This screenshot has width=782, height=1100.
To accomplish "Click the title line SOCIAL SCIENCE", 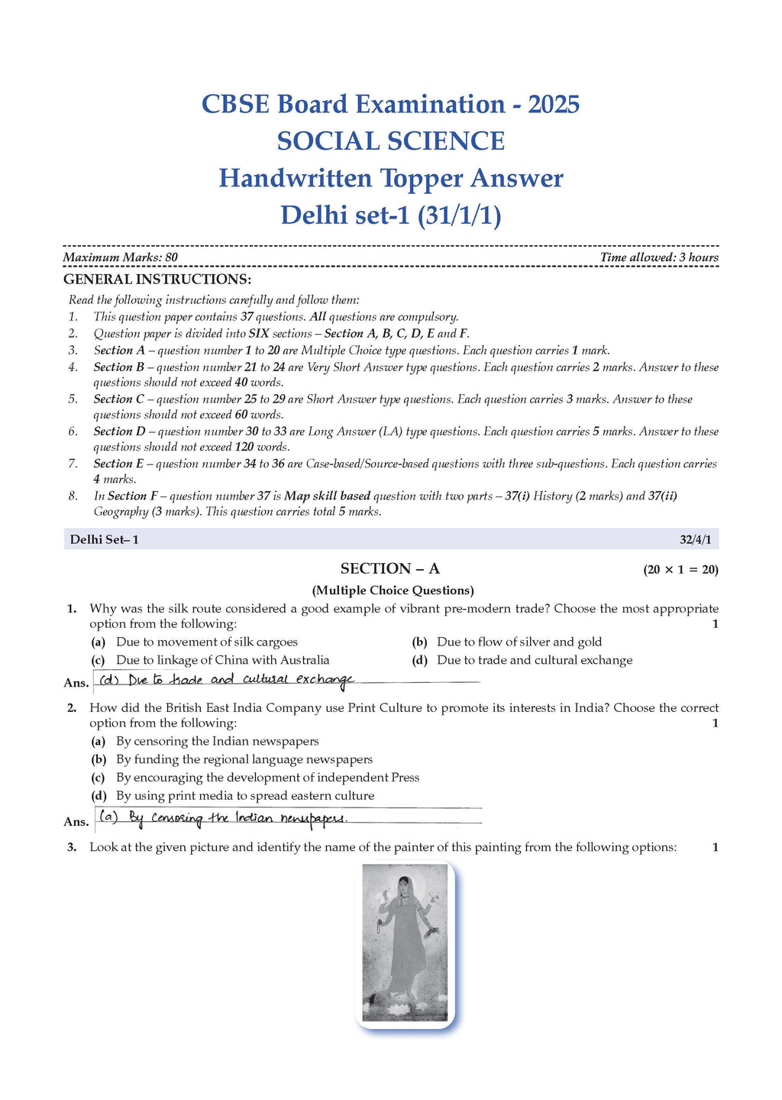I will [390, 141].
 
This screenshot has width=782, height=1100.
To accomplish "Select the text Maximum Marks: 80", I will [120, 257].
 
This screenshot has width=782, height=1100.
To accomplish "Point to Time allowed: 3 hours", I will [659, 257].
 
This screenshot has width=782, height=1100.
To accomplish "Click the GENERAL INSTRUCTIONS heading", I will [157, 280].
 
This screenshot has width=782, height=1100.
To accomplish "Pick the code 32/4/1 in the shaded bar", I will [695, 540].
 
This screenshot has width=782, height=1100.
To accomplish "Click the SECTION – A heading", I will [389, 569].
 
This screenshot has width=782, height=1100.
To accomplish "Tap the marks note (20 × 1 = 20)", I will [680, 570].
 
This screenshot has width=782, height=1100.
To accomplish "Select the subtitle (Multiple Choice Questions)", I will [393, 590].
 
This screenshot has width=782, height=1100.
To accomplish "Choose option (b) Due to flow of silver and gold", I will [519, 642].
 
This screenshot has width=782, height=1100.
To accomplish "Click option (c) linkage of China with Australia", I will [222, 661].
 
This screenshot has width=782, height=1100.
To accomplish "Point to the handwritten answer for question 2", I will [223, 818].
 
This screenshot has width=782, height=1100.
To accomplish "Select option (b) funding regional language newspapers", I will [244, 760].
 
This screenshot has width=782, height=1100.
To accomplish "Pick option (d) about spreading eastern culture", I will [244, 796].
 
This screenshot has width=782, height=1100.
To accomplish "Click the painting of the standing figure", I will [406, 943].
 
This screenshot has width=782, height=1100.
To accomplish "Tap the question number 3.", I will [72, 847].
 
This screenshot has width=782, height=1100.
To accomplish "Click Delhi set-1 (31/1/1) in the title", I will [390, 215].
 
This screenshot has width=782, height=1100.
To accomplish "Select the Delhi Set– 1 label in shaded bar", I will [104, 540].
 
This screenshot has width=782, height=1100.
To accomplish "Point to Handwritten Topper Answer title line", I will [390, 179].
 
